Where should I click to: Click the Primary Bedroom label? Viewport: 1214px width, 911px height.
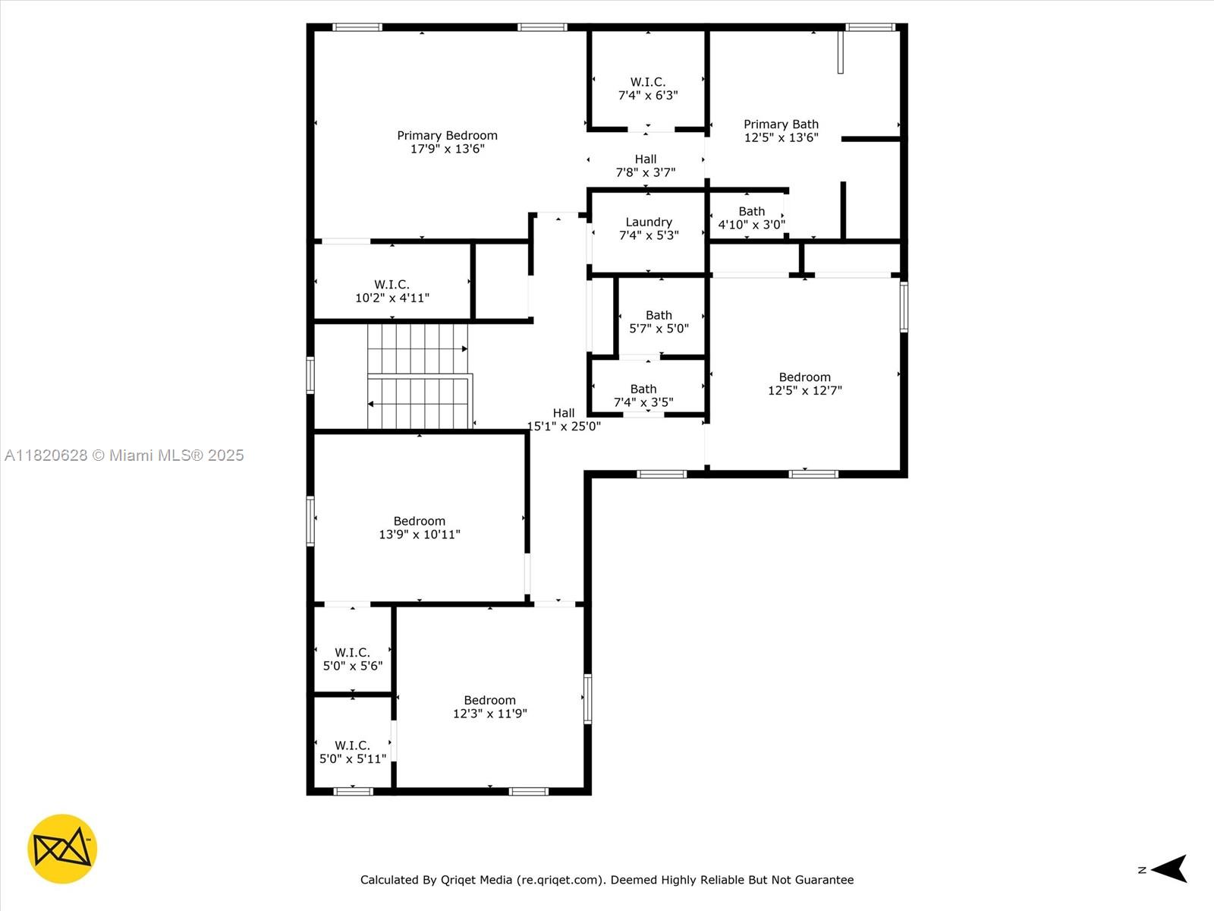coord(447,136)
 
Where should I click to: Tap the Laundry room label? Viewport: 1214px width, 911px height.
coord(648,222)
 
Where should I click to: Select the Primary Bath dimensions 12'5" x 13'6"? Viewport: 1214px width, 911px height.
coord(781,138)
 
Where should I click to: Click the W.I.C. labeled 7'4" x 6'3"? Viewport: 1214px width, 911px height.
coord(647,88)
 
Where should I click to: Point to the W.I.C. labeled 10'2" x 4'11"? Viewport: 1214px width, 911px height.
coord(392,291)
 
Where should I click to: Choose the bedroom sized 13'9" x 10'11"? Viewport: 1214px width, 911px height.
coord(419,528)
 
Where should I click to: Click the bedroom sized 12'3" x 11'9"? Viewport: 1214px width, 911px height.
coord(489,707)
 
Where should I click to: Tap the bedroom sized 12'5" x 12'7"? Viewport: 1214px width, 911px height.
coord(804,383)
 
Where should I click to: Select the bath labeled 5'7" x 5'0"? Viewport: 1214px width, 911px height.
coord(659,322)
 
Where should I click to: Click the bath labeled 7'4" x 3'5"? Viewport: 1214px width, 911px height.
coord(643,396)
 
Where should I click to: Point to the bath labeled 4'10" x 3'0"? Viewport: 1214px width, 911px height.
coord(751,218)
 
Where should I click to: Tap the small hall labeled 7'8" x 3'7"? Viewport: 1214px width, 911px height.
coord(645,165)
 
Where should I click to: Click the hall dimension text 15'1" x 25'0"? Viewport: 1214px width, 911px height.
coord(564,427)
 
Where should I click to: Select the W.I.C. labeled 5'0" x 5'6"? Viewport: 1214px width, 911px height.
coord(352,659)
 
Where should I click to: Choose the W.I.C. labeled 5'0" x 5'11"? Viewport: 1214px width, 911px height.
coord(352,752)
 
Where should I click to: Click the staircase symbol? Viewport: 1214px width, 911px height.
coord(419,377)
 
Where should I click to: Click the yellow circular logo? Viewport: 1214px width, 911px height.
coord(62,849)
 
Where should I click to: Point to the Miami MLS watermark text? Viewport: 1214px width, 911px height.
coord(124,455)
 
